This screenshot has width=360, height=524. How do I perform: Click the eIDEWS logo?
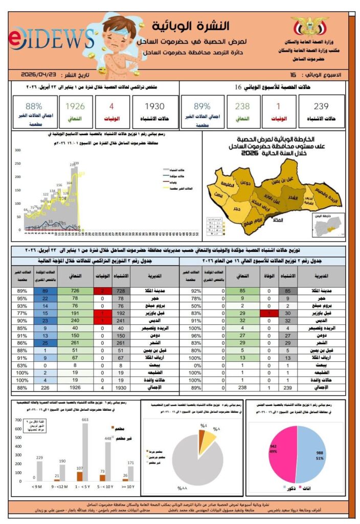51,39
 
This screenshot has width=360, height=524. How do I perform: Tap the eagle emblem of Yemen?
309,26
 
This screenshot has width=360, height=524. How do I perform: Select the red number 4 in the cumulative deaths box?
111,106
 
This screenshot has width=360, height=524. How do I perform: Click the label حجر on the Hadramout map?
236,209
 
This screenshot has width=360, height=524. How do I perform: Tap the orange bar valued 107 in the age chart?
79,476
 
